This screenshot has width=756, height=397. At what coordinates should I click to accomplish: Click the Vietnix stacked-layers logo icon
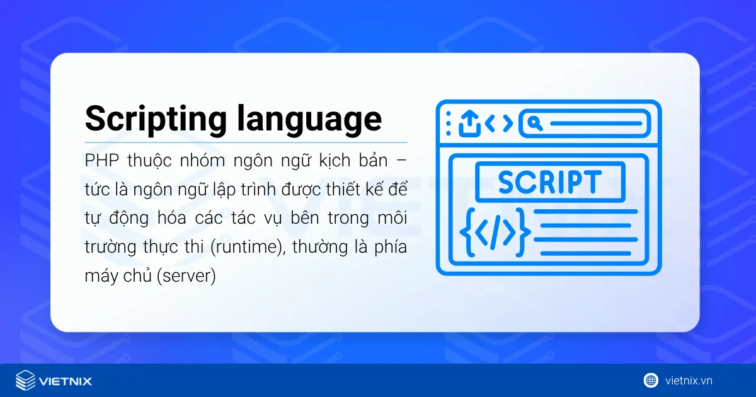tap(25, 381)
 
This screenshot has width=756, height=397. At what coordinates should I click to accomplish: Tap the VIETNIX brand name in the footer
tap(66, 381)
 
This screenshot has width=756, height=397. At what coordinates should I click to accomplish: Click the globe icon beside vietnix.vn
tap(651, 380)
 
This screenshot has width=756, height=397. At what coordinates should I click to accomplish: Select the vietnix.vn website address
tap(689, 381)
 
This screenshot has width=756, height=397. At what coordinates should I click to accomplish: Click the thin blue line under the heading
tap(246, 143)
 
